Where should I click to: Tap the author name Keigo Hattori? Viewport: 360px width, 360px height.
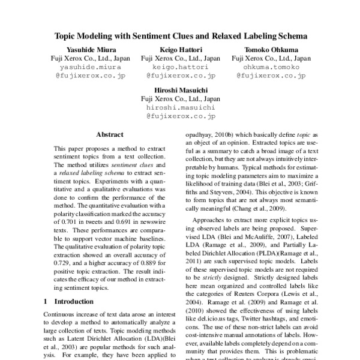180,49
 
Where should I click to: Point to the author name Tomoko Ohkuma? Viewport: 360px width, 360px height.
271,49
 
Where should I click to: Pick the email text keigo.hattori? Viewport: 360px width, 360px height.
180,68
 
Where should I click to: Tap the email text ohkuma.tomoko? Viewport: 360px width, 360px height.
271,68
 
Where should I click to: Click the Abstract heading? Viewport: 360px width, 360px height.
110,135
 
